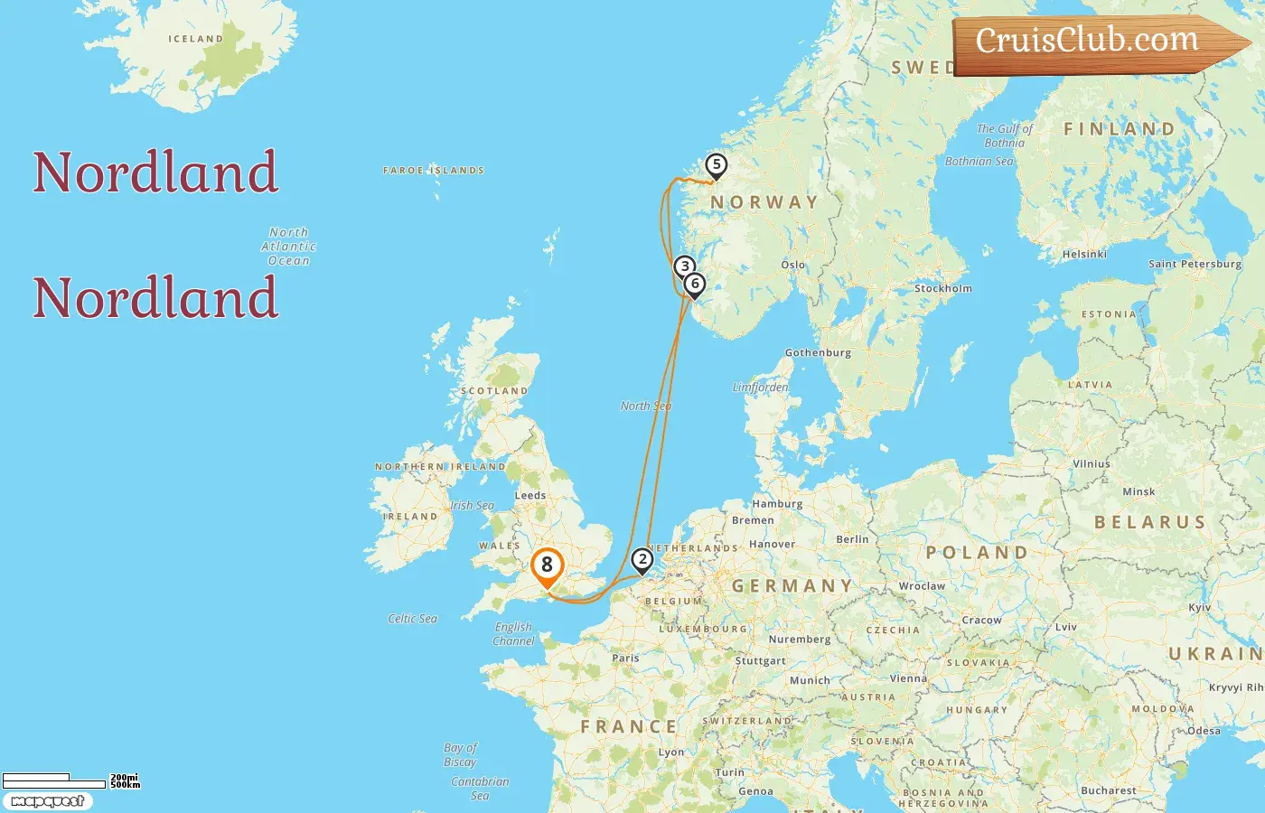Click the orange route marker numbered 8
coord(547,566)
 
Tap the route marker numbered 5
coord(716,165)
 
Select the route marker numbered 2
coord(642,560)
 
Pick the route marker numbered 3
coord(685,266)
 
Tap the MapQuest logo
coord(47,801)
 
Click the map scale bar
coord(54,780)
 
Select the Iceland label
coord(195,39)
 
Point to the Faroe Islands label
coord(434,170)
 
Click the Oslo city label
coord(793,265)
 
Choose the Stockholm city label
coord(943,288)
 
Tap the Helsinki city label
coord(1084,254)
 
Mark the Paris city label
coord(625,658)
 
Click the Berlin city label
coord(852,539)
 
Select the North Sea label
coord(646,406)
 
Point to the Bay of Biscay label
coord(460,754)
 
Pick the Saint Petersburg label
coord(1195,264)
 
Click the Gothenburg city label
coord(818,352)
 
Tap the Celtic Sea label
coord(412,619)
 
